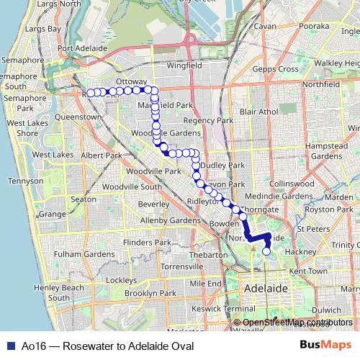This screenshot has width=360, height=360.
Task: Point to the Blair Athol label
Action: click(259, 112)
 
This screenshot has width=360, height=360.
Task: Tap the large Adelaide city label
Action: click(266, 287)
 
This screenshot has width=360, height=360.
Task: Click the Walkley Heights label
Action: click(336, 63)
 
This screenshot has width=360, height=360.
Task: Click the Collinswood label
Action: click(291, 184)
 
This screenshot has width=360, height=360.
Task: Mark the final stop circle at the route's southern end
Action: click(266, 251)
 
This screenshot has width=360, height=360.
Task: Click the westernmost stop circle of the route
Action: click(89, 93)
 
